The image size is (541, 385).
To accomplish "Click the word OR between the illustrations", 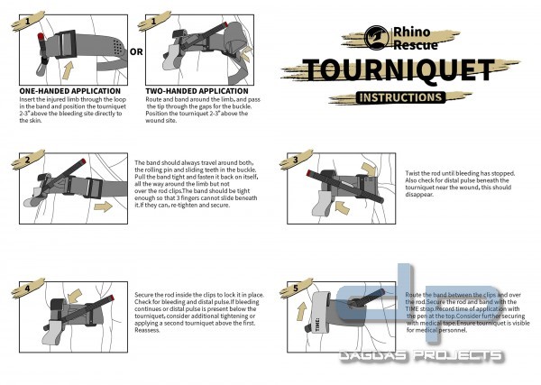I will coord(136,51).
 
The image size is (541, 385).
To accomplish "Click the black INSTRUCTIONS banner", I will coord(399,96).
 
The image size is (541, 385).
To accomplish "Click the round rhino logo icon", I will coord(377,39).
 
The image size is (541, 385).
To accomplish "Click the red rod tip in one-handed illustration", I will coord(41,36).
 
